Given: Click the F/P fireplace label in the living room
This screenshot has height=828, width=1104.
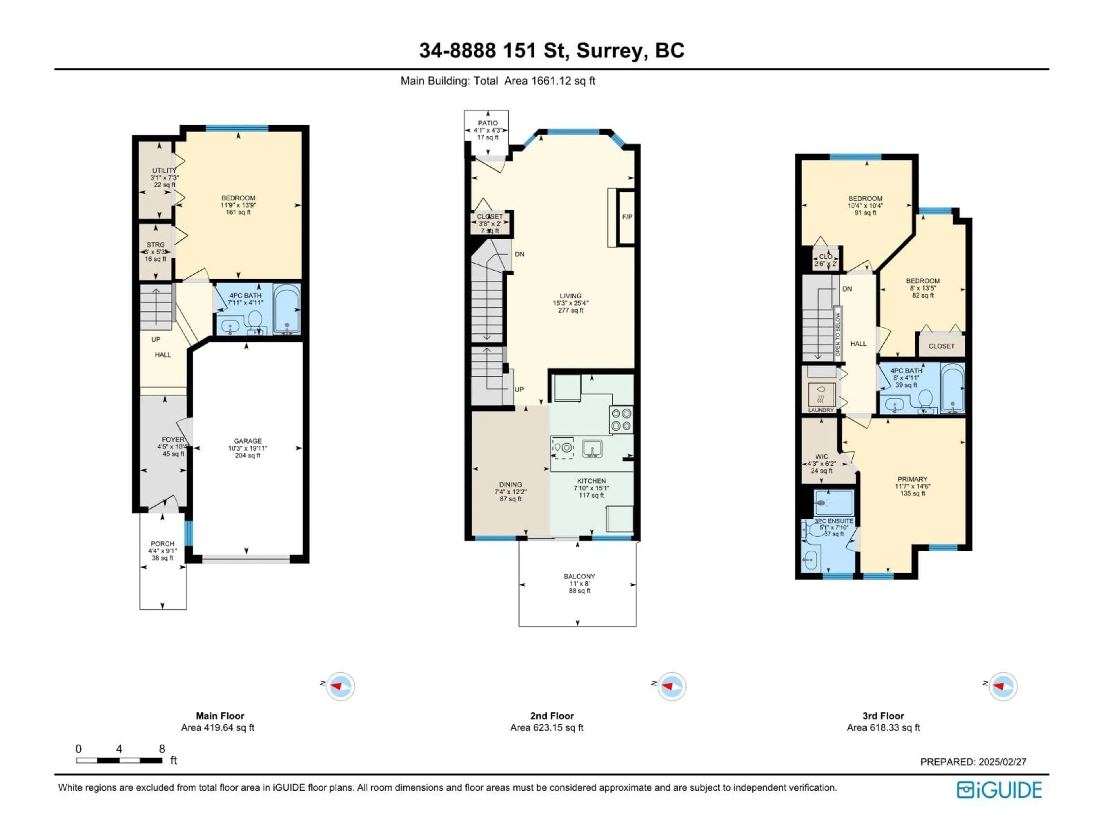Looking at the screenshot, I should [x=627, y=217].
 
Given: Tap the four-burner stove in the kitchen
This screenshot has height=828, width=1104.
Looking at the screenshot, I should [x=621, y=419].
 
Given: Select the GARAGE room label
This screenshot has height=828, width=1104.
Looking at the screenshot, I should [x=248, y=441].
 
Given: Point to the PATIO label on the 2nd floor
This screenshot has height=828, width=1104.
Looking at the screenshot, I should [x=488, y=123].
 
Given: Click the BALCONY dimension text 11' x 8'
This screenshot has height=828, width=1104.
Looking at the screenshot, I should [x=579, y=583].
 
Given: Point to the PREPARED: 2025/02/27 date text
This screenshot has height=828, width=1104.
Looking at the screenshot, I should [x=973, y=762].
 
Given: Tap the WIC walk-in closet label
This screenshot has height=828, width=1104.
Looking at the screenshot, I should [x=821, y=457].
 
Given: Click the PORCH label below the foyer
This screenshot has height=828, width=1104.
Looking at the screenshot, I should [x=162, y=543].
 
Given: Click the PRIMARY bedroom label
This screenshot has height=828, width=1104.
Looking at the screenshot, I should [x=912, y=479].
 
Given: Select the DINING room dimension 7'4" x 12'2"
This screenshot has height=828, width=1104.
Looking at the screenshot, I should [x=510, y=492].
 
